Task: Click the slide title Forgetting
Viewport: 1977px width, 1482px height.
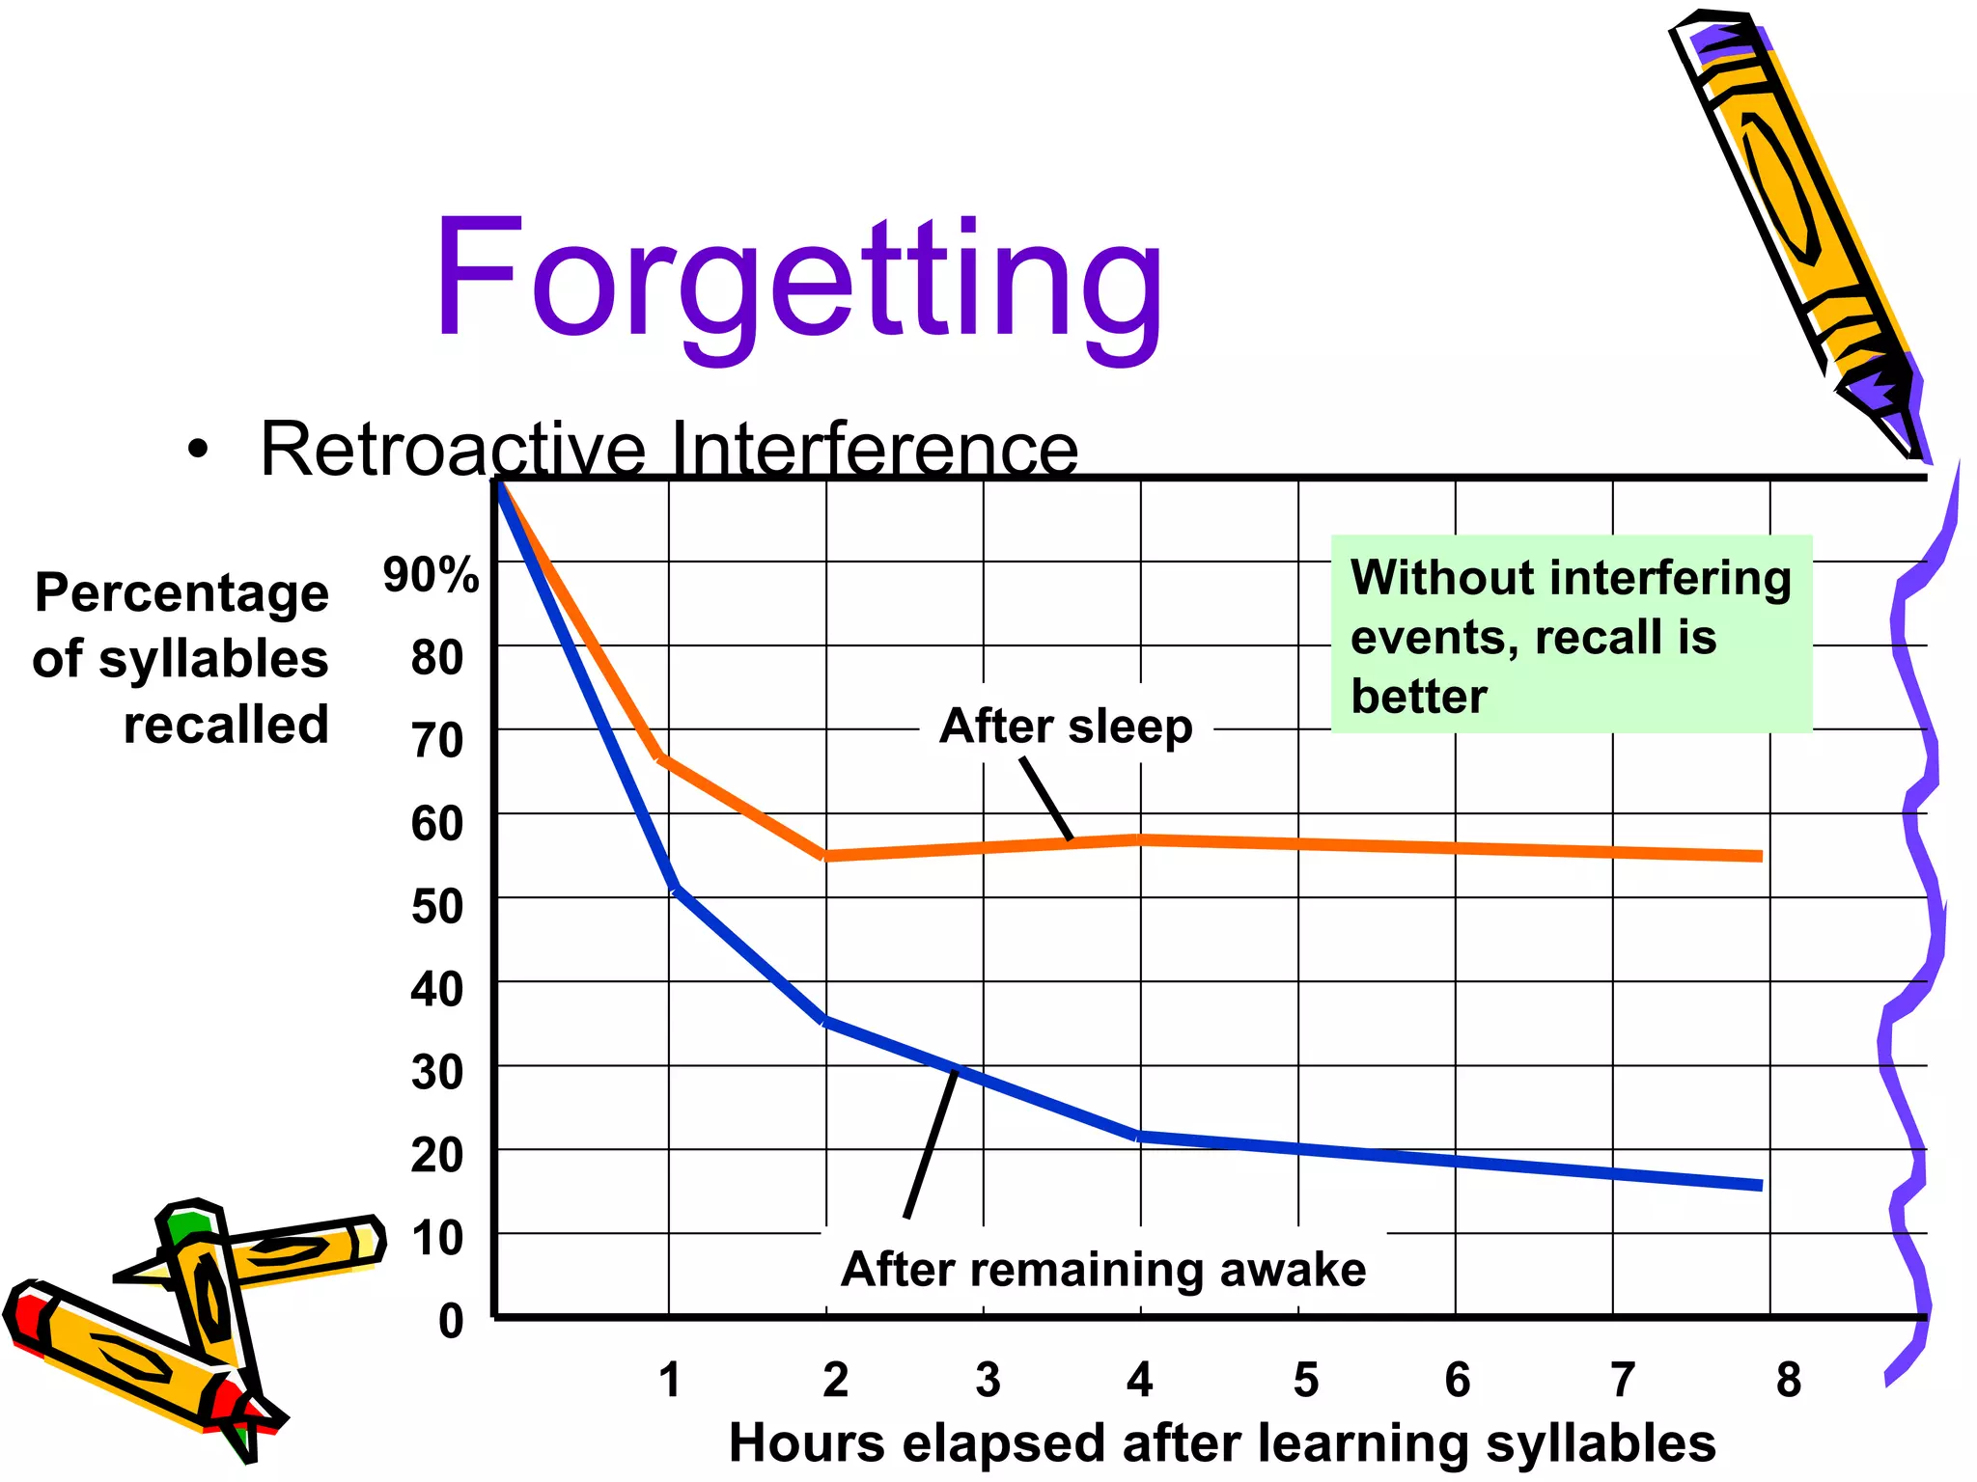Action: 799,280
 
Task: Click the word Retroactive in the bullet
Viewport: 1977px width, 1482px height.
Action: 454,450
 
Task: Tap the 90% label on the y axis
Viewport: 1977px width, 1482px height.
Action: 431,575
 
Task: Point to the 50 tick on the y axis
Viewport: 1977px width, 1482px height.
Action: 436,907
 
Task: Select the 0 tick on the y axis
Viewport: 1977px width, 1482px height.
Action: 451,1320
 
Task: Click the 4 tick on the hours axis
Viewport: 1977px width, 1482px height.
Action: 1140,1380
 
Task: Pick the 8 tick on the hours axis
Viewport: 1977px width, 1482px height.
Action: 1788,1380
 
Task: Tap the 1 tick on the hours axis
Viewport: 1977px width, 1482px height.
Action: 670,1380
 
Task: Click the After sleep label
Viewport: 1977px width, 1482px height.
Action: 1066,726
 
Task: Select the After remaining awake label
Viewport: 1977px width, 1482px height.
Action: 1103,1269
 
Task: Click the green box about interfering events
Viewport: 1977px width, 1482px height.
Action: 1571,635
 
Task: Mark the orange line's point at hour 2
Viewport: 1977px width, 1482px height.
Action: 826,855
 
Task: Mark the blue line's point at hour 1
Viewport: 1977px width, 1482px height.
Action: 674,886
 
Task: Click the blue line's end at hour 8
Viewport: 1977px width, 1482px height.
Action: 1759,1185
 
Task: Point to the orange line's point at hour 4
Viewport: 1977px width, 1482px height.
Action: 1141,839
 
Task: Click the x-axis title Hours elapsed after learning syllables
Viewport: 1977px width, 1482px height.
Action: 1222,1443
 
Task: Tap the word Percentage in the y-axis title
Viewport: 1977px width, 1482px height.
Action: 182,592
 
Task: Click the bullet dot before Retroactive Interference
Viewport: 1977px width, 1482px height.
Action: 198,450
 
